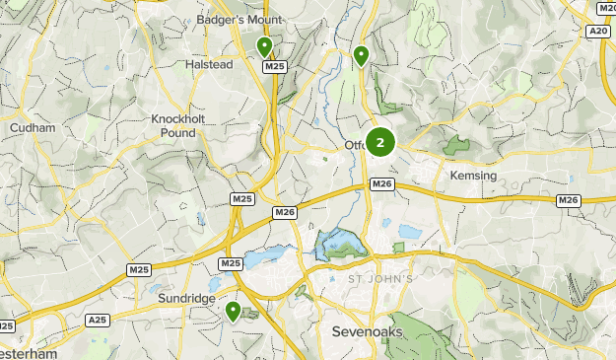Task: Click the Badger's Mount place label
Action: point(239,20)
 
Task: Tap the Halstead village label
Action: point(209,64)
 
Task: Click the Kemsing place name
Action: point(473,175)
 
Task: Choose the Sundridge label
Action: point(184,297)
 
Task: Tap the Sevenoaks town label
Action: point(368,331)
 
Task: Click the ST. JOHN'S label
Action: point(380,279)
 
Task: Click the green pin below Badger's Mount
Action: point(264,46)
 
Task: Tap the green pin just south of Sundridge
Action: point(234,312)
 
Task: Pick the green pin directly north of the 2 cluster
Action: point(362,55)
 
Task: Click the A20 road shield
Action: point(598,32)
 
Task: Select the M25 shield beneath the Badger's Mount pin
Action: point(275,66)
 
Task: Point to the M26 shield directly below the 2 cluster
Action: point(382,183)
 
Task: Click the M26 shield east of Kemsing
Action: point(568,200)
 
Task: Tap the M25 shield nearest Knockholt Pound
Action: point(241,199)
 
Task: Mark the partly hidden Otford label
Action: point(355,147)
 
